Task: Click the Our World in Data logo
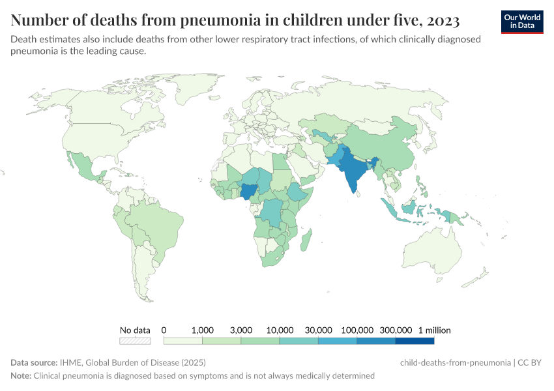point(521,21)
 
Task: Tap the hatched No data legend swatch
point(135,341)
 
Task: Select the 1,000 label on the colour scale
point(203,330)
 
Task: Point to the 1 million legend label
point(434,330)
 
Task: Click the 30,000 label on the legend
point(319,330)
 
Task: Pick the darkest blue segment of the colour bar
point(415,341)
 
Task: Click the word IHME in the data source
point(70,362)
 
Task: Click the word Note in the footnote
point(20,376)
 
